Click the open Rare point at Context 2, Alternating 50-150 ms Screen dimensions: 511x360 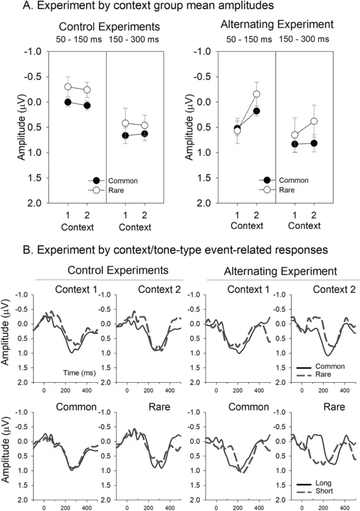click(256, 94)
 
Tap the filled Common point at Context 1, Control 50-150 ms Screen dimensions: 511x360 click(67, 102)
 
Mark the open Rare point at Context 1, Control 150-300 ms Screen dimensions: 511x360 click(125, 123)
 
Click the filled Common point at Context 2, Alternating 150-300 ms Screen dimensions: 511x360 click(314, 143)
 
